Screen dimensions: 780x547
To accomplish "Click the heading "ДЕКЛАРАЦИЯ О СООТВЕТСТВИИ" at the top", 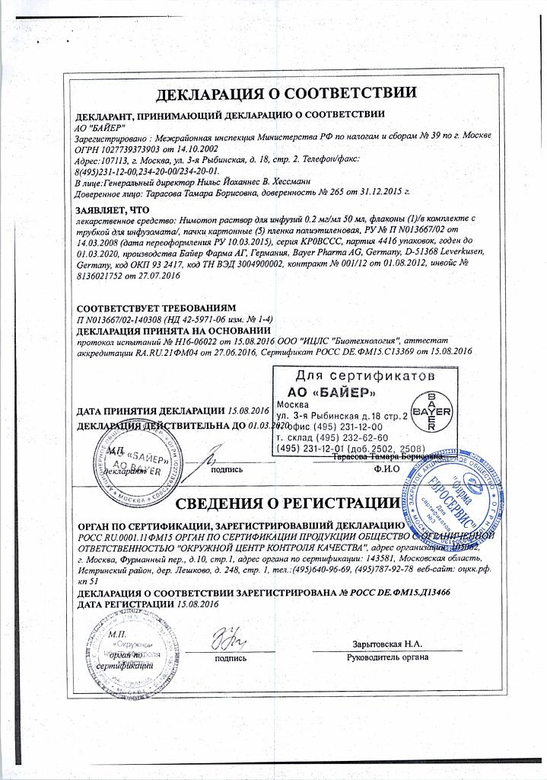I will point(285,94).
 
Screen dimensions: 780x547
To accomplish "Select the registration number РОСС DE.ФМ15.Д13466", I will point(390,592).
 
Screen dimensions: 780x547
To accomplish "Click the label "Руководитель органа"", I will point(387,657).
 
